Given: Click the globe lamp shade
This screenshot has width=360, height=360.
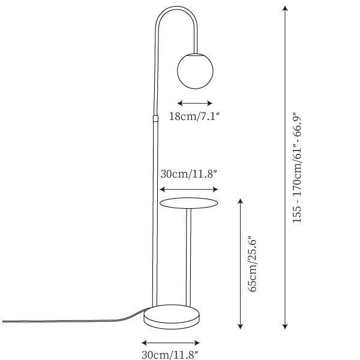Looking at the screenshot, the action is click(x=195, y=71).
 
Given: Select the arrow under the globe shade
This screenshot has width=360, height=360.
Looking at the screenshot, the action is click(x=194, y=103).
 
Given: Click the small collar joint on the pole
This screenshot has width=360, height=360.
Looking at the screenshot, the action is click(x=155, y=118).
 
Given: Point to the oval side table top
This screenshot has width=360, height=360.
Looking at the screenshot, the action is click(x=188, y=203).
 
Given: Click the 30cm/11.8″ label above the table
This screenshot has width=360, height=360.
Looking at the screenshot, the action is click(x=189, y=174).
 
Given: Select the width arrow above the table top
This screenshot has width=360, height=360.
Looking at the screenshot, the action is click(x=188, y=190).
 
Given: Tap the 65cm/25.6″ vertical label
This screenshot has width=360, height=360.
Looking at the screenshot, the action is click(x=253, y=263).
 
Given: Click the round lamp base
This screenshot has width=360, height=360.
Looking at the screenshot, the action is click(x=172, y=317).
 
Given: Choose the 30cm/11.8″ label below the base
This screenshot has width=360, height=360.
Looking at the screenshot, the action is click(x=170, y=355).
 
